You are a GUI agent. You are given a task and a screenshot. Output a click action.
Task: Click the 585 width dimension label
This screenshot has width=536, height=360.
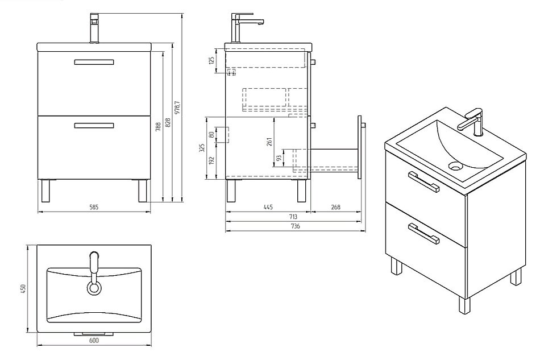point(94,208)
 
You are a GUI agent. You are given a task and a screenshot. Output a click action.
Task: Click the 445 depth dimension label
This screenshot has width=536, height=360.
point(268,207)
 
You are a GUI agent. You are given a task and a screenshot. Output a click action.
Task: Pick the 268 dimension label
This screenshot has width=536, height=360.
point(335,207)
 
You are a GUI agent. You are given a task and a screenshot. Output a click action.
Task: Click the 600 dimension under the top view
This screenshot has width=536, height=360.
point(94,340)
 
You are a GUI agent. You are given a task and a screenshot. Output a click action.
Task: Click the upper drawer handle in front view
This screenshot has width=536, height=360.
point(94,62)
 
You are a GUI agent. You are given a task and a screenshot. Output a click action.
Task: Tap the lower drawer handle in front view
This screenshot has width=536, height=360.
point(94,126)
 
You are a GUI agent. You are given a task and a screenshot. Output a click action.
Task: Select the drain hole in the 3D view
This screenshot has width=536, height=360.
point(455,167)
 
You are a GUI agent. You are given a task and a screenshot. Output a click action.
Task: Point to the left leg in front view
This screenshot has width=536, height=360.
point(46,191)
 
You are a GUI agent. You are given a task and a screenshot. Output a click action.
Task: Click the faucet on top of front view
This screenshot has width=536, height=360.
point(95,28)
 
